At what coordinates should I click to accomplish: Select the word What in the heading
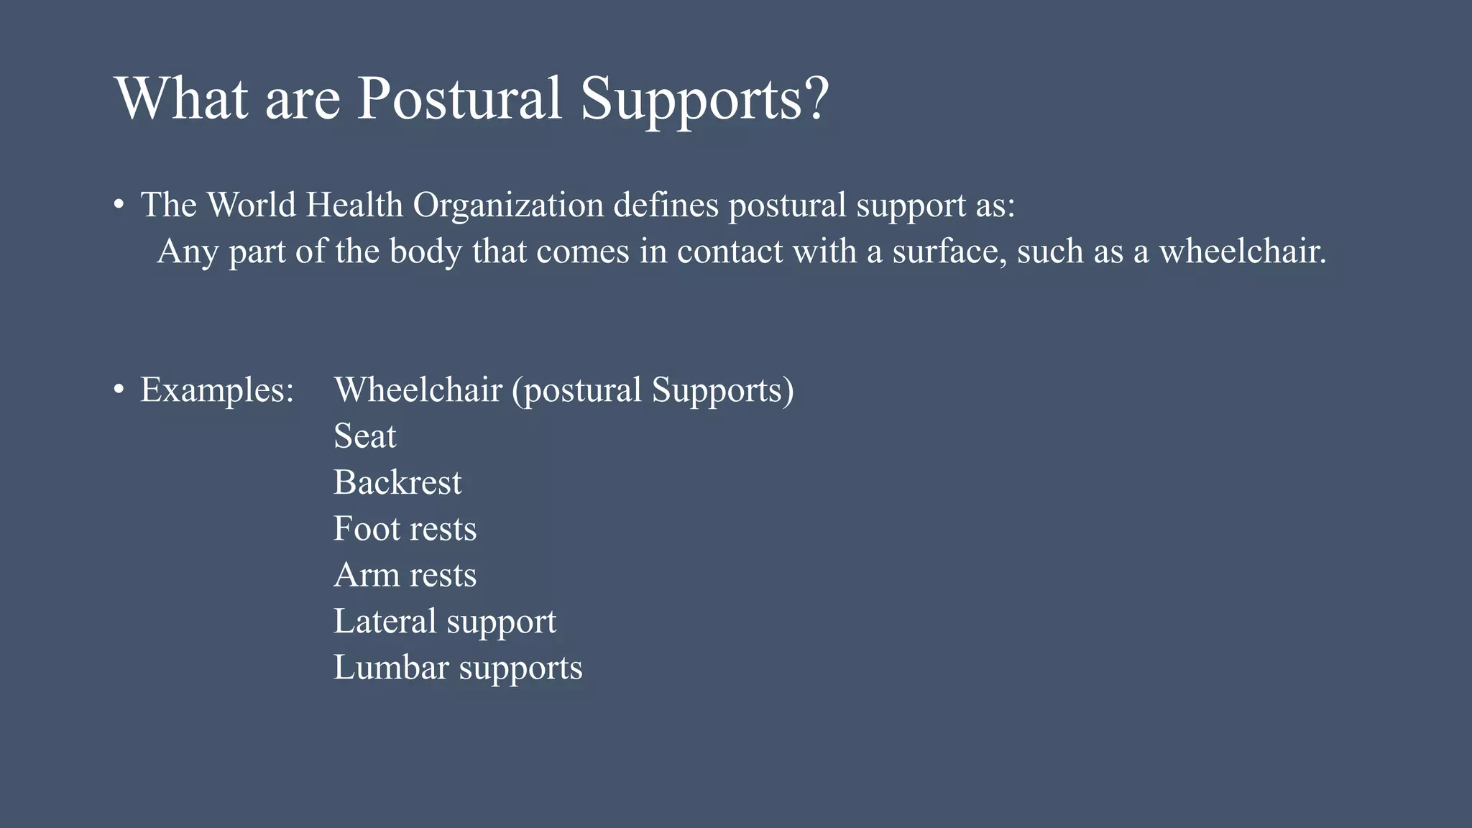(x=181, y=98)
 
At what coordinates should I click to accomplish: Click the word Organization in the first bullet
(x=508, y=206)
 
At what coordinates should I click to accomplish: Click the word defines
(x=666, y=206)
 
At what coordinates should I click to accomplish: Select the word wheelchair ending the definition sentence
(x=1242, y=252)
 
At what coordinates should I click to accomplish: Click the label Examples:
(x=217, y=390)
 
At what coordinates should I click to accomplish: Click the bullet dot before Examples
(x=119, y=390)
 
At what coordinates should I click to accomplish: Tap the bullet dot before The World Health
(x=119, y=205)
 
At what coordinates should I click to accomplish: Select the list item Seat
(x=364, y=436)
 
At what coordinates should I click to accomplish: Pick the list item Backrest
(x=397, y=482)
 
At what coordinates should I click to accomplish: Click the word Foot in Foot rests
(x=366, y=529)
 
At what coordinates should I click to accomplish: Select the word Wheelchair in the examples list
(x=418, y=390)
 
